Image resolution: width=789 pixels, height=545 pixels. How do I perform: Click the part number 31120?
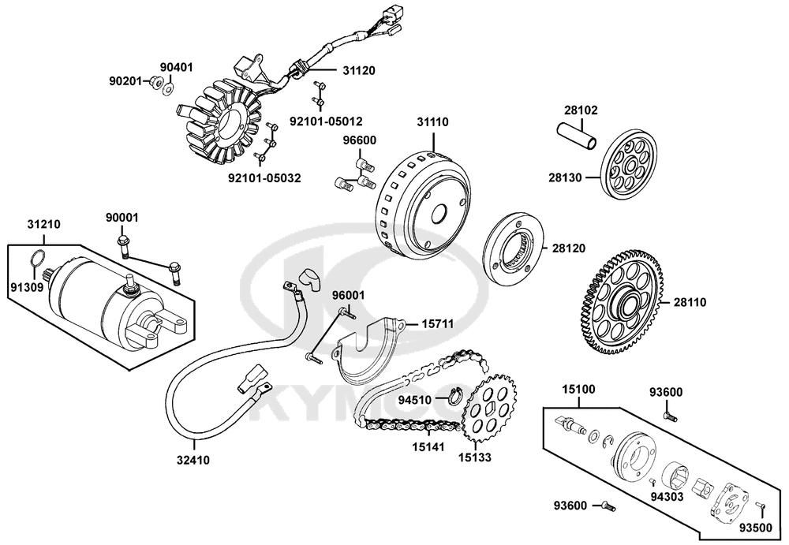(x=358, y=70)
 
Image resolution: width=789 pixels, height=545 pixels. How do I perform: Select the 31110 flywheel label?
(x=432, y=122)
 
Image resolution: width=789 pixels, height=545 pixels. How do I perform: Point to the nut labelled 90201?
(x=156, y=81)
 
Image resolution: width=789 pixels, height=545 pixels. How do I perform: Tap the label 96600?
(x=359, y=140)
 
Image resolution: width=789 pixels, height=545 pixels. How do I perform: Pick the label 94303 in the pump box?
(x=667, y=498)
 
